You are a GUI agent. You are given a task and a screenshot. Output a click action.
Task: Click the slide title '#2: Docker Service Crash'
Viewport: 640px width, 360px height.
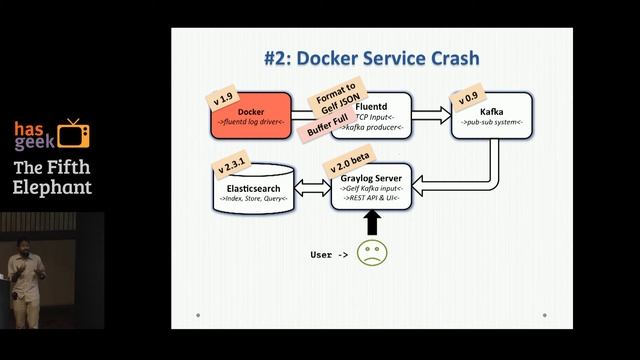click(x=371, y=58)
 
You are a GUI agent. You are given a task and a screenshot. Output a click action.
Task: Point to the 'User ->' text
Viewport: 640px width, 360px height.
click(x=329, y=255)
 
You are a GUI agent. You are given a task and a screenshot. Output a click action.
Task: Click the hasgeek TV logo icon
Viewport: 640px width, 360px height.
click(x=72, y=134)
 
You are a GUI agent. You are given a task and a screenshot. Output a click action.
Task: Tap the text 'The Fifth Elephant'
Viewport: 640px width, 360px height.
click(x=52, y=176)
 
